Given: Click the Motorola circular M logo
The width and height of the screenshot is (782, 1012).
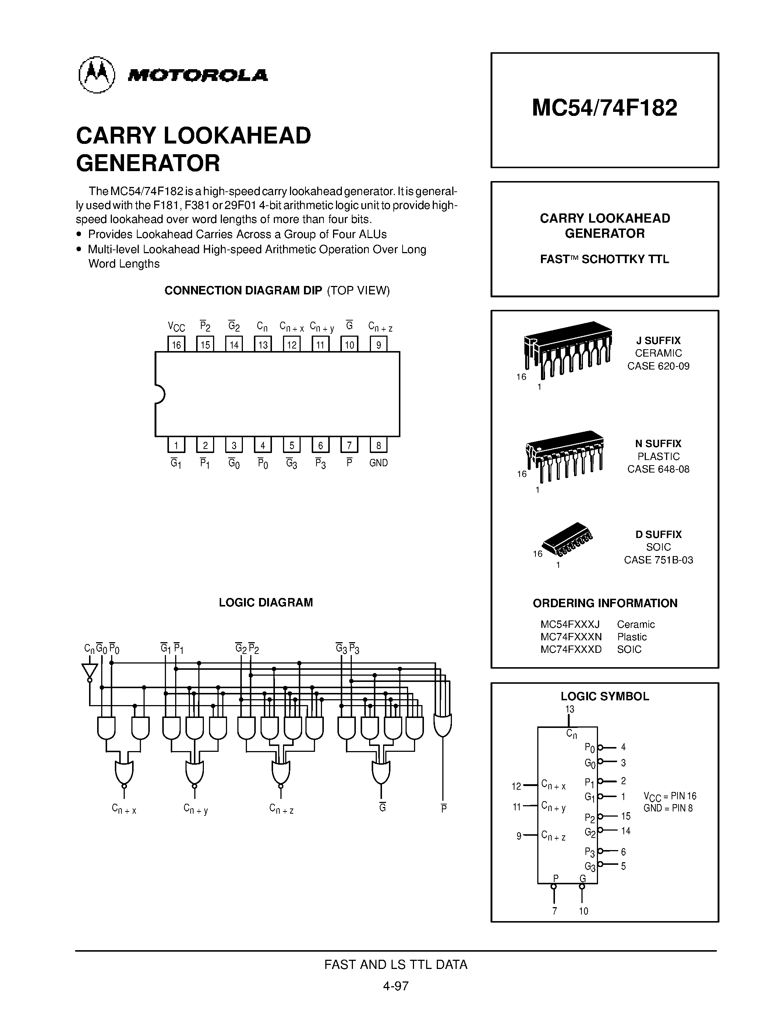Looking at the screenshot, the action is click(96, 75).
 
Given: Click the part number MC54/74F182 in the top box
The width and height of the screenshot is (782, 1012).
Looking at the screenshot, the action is click(604, 108).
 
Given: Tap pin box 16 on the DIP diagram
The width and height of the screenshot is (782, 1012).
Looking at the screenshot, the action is click(176, 344).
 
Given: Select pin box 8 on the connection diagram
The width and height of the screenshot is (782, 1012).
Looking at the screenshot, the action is click(379, 445).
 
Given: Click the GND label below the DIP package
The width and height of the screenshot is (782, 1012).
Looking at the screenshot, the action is click(379, 463).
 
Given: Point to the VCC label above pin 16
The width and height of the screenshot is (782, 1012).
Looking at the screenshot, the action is click(176, 328).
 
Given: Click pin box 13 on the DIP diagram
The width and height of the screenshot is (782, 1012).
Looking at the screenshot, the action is click(263, 344).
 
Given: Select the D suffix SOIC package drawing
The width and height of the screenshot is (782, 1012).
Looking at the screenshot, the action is click(567, 540).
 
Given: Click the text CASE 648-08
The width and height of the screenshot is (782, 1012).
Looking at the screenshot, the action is click(658, 469).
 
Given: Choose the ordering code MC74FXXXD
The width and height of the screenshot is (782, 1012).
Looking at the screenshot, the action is click(571, 649).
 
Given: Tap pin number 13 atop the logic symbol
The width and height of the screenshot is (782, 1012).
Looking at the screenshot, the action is click(569, 709).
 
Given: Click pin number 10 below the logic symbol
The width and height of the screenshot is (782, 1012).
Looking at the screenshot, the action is click(583, 911).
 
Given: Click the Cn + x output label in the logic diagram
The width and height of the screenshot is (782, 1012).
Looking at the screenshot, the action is click(124, 809).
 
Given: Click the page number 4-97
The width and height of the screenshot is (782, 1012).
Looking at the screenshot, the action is click(396, 986).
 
